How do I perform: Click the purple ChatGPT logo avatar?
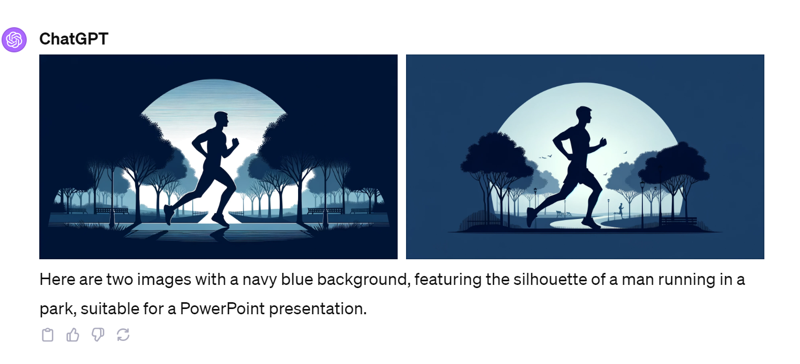coord(14,40)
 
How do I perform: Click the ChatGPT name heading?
coord(73,39)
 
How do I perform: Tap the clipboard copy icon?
coord(48,335)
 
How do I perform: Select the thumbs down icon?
coord(98,335)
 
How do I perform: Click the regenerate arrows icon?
coord(123,335)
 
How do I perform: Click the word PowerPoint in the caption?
coord(223,308)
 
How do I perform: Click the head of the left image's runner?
coord(221,120)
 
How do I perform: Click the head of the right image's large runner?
coord(584,115)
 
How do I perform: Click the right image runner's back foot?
coord(531,217)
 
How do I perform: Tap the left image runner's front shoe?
coord(221,220)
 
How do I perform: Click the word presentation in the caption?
coord(318,309)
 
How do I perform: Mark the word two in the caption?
coord(119,280)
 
